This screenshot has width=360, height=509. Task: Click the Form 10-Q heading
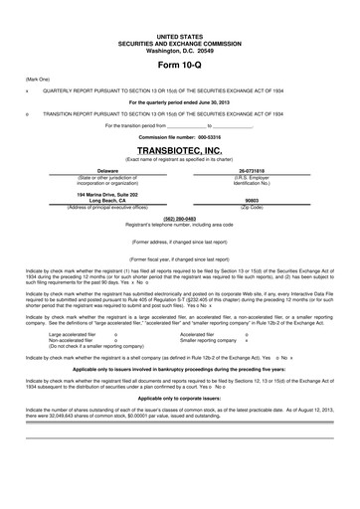180,63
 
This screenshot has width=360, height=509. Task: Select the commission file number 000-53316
180,137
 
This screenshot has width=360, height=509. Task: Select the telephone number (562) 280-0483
180,217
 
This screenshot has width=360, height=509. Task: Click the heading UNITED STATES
180,35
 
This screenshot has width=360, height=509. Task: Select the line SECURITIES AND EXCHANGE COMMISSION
180,41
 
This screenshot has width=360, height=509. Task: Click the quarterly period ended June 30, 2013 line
180,101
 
